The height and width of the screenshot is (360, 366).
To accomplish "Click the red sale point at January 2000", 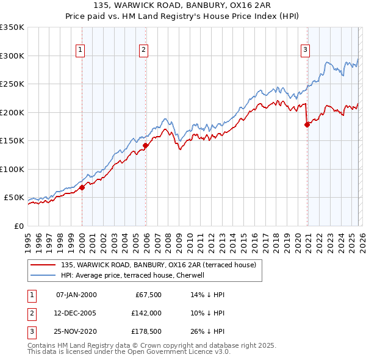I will pos(82,187).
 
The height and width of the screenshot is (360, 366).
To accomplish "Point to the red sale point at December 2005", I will pos(146,145).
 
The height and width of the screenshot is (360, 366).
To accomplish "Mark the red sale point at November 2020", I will pos(307,124).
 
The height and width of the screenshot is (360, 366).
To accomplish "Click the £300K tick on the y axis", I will pos(12,56).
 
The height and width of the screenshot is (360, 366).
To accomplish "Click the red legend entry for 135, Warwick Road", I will pos(162,265).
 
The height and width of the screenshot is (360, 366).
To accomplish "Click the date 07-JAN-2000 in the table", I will pos(76,295).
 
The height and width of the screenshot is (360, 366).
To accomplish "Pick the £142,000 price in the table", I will pos(146,314).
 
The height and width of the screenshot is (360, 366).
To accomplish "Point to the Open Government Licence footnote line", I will pos(129,352).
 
